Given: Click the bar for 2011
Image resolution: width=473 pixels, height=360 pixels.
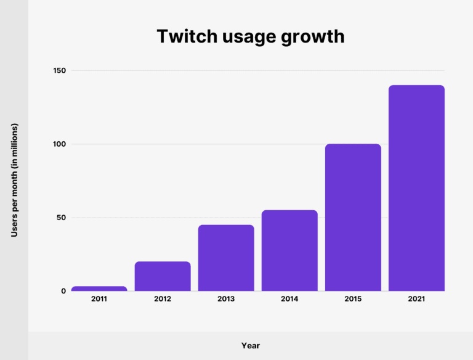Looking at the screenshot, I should (x=99, y=288).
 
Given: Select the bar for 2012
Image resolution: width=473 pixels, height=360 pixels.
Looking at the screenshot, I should (x=163, y=276).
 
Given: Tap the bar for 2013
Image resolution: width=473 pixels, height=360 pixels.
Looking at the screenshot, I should (x=226, y=258).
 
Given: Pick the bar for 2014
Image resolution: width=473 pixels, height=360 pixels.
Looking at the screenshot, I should (x=289, y=250).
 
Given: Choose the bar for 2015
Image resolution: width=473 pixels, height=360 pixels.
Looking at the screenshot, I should (x=353, y=217).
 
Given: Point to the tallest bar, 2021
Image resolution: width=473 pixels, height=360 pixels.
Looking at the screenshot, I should (x=416, y=188).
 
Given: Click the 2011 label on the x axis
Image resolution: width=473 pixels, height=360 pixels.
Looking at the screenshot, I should (x=99, y=299).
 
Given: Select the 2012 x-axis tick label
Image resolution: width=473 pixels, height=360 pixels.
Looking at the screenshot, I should (x=163, y=299).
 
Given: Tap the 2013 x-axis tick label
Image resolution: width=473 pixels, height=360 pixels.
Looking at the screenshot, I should (x=226, y=299).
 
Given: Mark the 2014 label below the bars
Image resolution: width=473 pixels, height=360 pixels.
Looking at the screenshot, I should (x=289, y=299).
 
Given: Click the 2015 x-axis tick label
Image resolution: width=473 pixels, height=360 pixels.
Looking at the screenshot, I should (x=353, y=299).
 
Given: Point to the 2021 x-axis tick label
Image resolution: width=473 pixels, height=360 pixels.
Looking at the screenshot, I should (x=416, y=299).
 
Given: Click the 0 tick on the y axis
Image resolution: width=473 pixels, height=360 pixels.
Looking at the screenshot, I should (x=63, y=291).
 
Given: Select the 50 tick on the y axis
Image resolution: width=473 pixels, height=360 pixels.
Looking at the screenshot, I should (x=60, y=218).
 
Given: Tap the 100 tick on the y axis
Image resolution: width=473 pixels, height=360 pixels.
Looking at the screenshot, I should (x=59, y=144).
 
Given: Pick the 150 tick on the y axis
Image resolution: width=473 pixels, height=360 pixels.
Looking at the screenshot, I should (x=59, y=71).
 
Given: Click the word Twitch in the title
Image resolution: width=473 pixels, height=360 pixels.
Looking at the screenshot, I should (x=183, y=37).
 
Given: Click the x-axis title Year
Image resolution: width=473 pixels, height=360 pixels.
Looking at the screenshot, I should (x=250, y=346).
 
